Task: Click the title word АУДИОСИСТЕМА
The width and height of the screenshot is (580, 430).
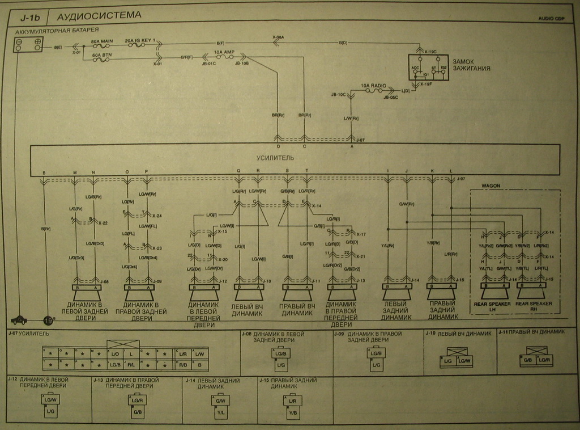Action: [99, 15]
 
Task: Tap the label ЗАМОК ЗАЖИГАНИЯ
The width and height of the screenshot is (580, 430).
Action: [471, 65]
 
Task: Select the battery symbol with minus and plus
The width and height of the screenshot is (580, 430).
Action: [29, 43]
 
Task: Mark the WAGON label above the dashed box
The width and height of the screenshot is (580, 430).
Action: [491, 186]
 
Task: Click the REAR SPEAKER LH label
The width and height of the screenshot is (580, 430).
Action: [492, 306]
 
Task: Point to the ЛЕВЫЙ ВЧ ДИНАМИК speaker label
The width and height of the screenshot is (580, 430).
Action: [247, 310]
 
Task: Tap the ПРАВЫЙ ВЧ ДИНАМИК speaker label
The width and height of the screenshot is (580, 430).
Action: [297, 310]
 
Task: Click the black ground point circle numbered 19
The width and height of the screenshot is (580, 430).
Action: [48, 321]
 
